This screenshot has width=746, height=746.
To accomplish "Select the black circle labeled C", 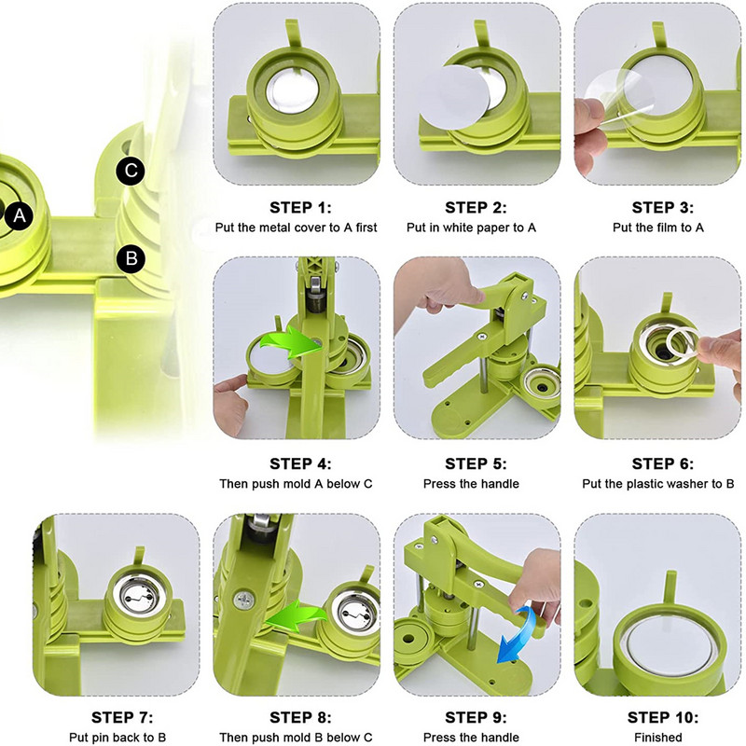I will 131,172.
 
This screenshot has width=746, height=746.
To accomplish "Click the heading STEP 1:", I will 300,207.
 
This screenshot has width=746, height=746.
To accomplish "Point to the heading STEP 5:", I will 476,463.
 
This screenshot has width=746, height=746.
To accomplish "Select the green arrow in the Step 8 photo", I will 297,615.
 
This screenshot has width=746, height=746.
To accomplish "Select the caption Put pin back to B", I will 117,738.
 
